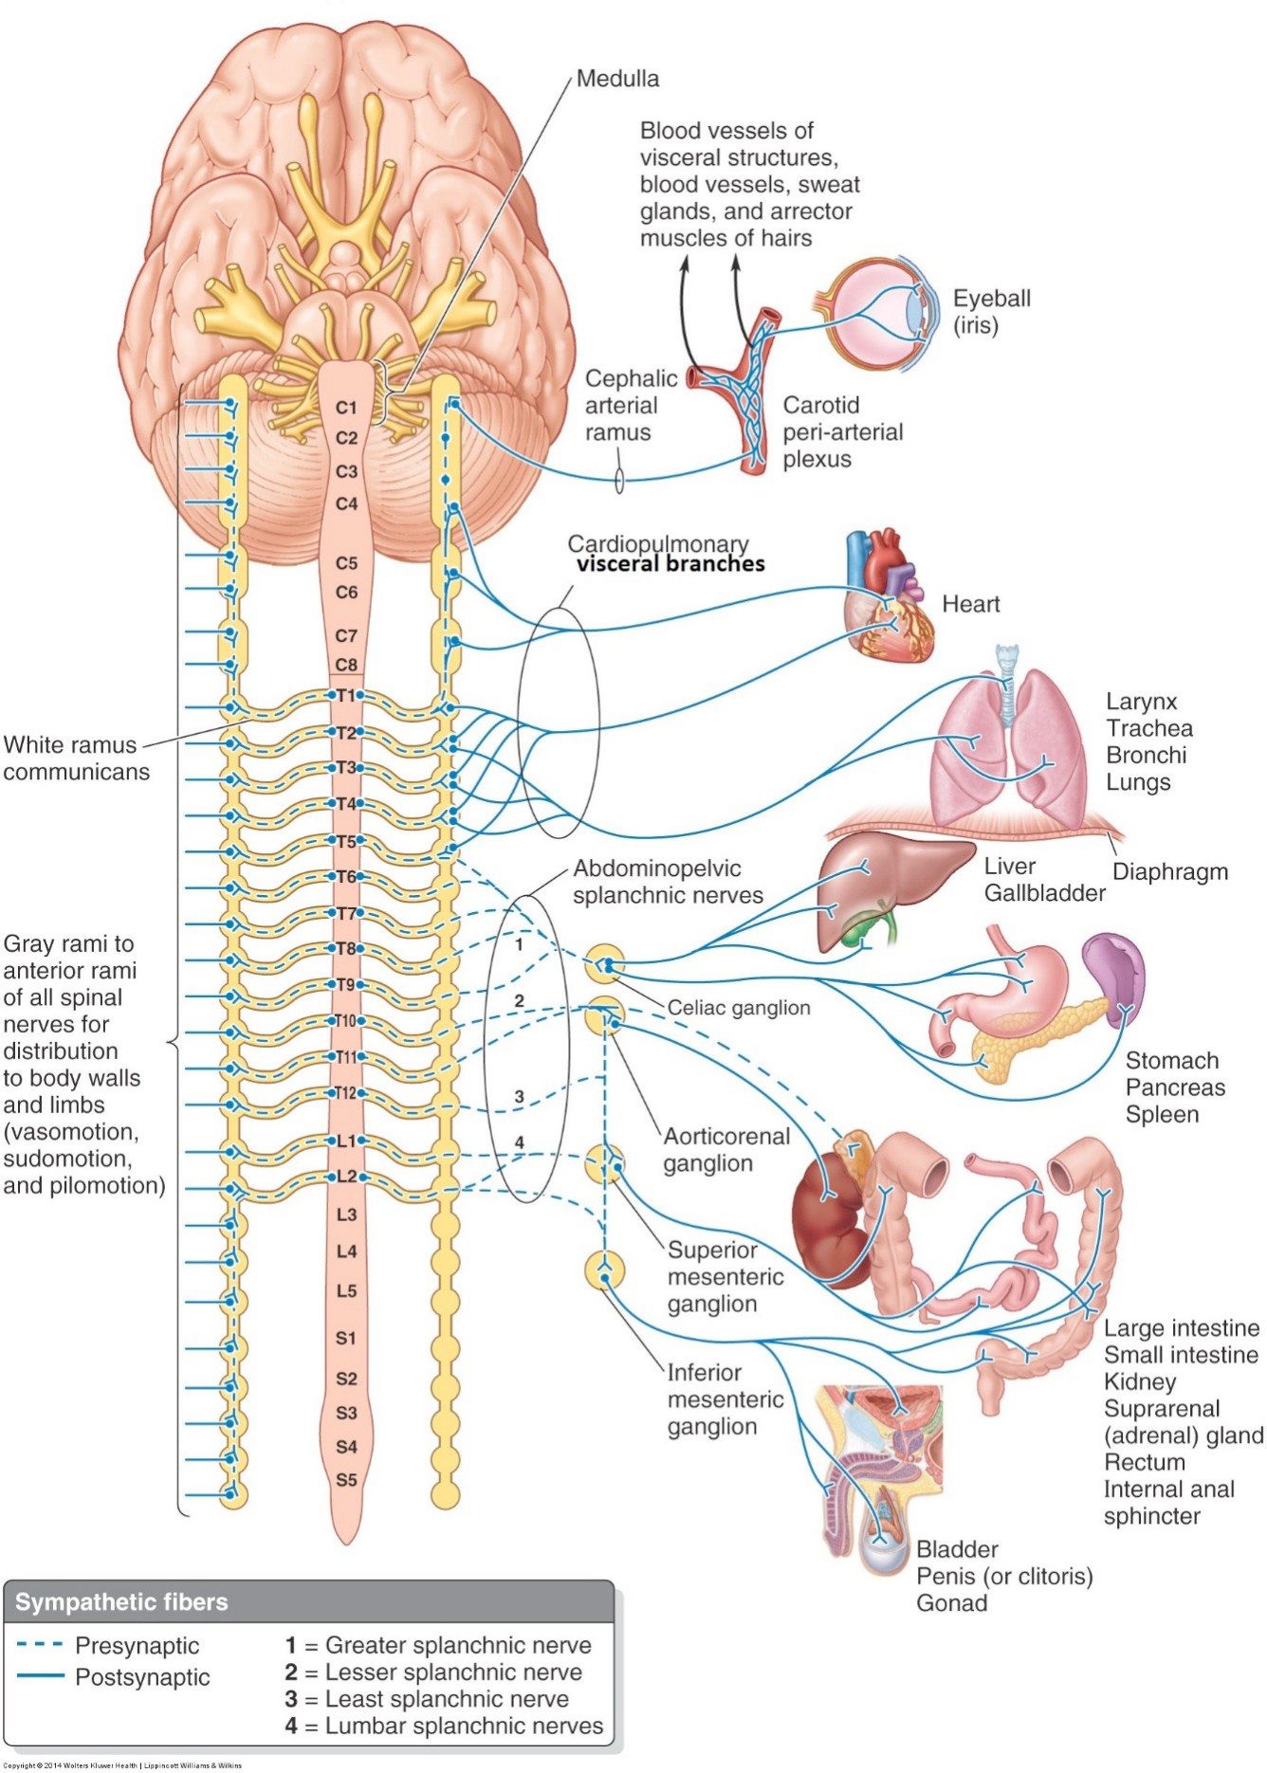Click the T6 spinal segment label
(x=347, y=877)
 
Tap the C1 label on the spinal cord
(x=347, y=408)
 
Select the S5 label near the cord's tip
(x=347, y=1480)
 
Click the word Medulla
(x=617, y=79)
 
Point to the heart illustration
(x=889, y=597)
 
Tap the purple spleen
(x=1115, y=977)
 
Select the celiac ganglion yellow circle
(x=604, y=964)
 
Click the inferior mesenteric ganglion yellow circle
(x=604, y=1270)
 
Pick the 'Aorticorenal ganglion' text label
(x=725, y=1149)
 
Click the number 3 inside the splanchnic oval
(x=519, y=1097)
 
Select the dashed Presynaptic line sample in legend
(x=40, y=1645)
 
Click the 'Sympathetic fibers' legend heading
(x=121, y=1602)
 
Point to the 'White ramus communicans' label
(x=76, y=758)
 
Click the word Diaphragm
(x=1169, y=872)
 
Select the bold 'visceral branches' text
(x=670, y=564)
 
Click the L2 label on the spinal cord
(x=347, y=1177)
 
